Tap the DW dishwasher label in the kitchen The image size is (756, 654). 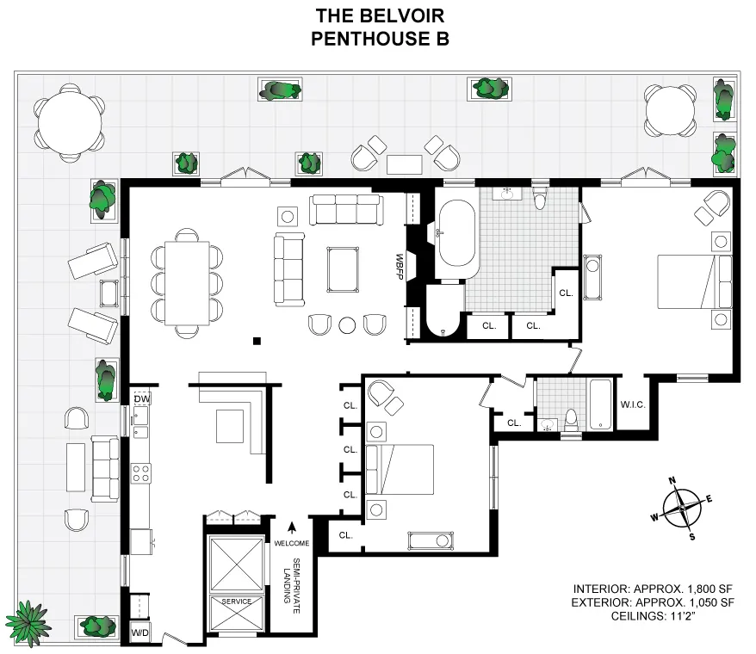point(141,399)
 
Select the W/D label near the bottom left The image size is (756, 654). point(139,632)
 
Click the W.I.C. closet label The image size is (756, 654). point(633,404)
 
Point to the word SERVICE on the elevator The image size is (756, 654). point(236,601)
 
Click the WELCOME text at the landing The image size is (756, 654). point(292,544)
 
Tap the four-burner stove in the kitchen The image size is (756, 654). point(140,472)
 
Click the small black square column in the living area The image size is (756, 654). point(257,342)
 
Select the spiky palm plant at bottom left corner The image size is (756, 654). point(27,619)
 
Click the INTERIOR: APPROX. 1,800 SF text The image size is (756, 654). point(654,589)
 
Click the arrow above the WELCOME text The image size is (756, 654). point(292,528)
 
